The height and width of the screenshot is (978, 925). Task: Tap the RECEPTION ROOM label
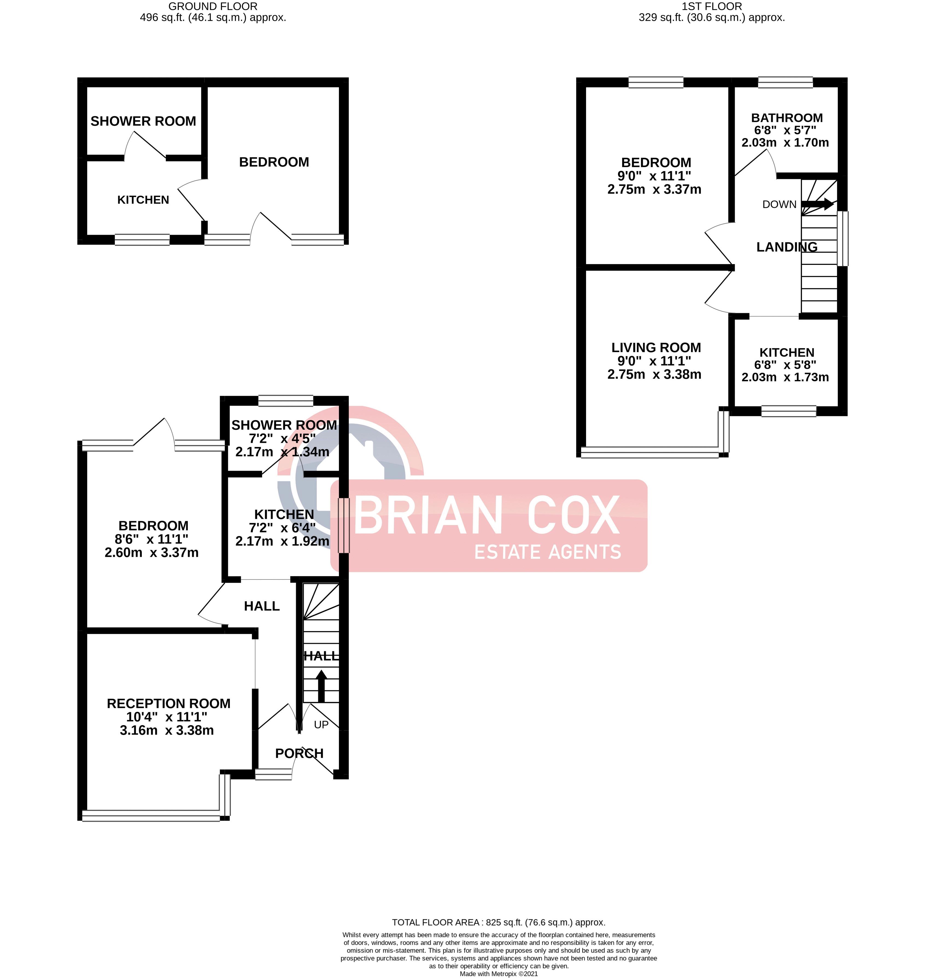pos(169,703)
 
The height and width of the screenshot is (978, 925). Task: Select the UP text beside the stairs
pos(321,725)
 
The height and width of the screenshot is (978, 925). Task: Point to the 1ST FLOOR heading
pos(712,6)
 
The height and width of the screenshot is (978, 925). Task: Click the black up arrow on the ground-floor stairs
pos(321,685)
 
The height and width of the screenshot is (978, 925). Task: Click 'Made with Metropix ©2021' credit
pos(499,974)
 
